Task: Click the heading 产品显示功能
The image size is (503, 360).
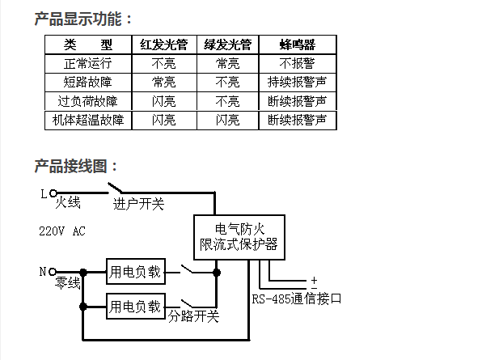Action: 84,19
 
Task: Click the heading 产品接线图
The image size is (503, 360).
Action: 77,166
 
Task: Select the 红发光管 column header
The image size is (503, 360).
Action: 164,44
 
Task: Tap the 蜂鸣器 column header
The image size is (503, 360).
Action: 297,44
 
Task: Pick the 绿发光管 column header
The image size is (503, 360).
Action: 227,44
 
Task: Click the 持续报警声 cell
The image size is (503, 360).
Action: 297,83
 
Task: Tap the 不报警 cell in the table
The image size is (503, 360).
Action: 297,63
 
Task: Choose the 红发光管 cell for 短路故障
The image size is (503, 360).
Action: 164,83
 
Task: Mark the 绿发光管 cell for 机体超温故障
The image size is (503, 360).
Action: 227,121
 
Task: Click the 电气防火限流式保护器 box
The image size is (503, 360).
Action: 238,235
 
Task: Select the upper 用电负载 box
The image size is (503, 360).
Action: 135,272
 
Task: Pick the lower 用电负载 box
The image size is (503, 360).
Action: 135,307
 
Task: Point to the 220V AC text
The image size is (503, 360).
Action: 62,231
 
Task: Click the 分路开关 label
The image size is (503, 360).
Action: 193,316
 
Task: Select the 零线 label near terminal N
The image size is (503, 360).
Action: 68,283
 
